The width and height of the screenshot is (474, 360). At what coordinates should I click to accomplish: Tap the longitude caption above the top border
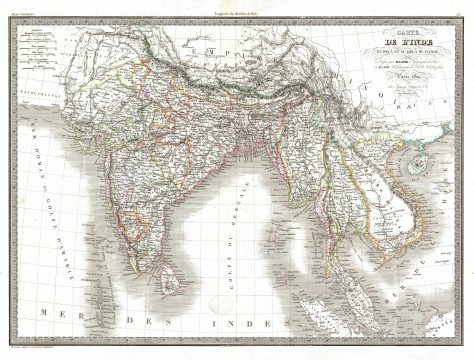tap(237, 6)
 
